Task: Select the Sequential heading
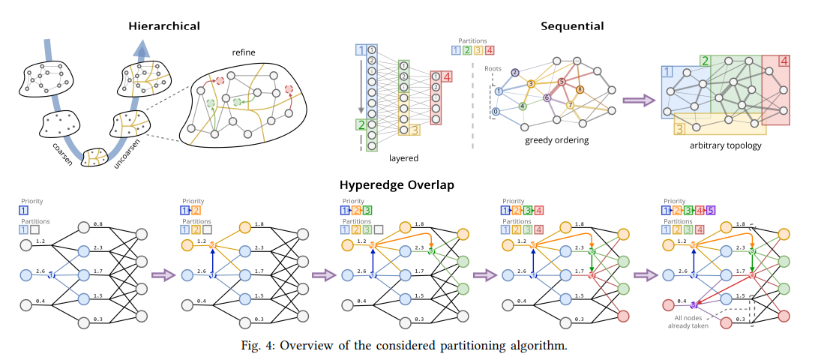point(572,26)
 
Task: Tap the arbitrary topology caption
point(724,145)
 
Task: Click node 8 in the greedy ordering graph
point(579,90)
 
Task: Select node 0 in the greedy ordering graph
point(495,112)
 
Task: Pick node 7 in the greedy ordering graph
point(570,105)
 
